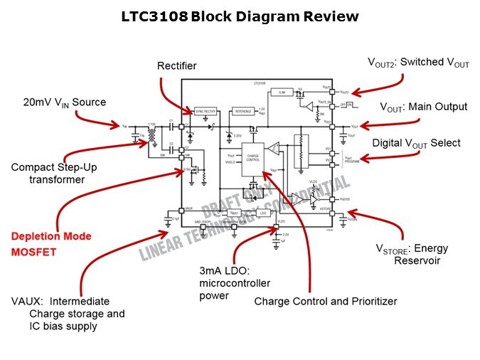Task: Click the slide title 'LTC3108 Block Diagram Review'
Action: tap(240, 16)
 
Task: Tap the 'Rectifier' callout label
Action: tap(176, 66)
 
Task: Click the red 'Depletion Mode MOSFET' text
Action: tap(50, 244)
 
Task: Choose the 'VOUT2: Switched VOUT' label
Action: tap(418, 63)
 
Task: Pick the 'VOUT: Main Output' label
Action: tap(423, 107)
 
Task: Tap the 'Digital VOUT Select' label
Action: tap(416, 144)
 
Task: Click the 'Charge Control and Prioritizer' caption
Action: tap(325, 301)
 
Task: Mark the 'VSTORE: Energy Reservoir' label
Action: tap(412, 254)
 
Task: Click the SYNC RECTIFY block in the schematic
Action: tap(205, 112)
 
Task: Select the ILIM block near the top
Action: tap(282, 92)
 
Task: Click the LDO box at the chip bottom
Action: tap(263, 213)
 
